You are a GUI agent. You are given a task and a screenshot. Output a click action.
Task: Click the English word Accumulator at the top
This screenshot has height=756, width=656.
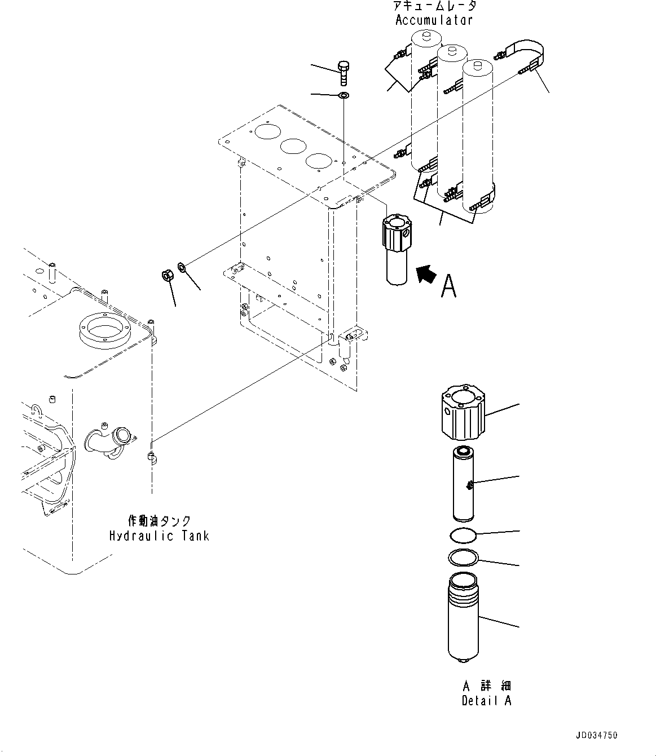(x=433, y=20)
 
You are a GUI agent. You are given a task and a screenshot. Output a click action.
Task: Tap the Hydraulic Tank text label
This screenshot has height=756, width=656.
(x=159, y=536)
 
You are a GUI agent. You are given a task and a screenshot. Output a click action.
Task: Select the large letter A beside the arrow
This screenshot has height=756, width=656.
(x=448, y=286)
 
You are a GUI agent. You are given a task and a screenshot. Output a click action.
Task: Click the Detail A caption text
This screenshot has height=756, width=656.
(x=486, y=701)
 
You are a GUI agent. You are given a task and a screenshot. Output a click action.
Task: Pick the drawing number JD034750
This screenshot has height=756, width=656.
(x=597, y=735)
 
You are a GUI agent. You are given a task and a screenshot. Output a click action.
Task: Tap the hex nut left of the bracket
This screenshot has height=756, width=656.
(x=167, y=276)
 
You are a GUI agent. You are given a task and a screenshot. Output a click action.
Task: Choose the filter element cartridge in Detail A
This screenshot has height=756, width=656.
(x=465, y=483)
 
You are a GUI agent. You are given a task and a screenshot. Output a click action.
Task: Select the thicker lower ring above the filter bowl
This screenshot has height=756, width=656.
(x=464, y=559)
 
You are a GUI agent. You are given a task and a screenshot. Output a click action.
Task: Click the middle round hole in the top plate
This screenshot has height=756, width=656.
(x=293, y=148)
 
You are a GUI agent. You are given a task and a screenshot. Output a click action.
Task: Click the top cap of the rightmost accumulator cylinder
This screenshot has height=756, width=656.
(x=478, y=67)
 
